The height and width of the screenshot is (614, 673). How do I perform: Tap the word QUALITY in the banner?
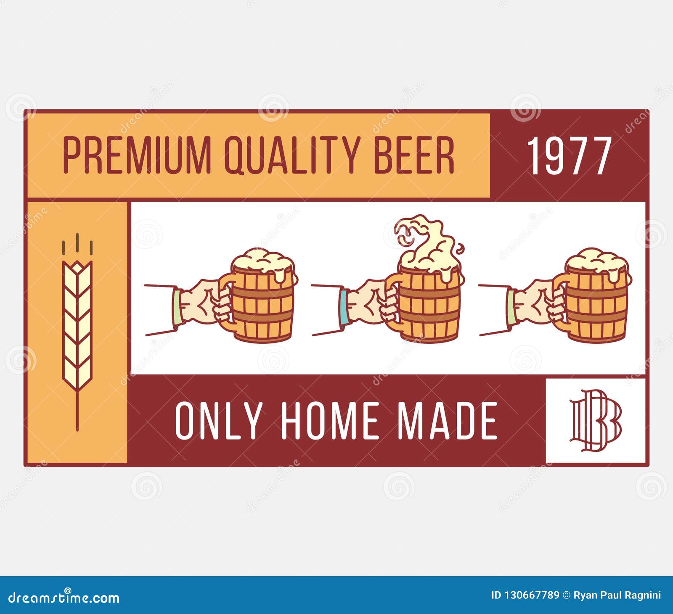291,155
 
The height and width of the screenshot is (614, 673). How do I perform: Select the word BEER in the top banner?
414,155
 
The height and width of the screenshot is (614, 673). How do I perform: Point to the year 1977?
569,156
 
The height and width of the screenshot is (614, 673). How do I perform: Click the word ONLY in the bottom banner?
218,421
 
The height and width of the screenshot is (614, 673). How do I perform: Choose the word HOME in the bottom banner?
329,421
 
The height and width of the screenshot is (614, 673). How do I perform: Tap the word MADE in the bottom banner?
448,421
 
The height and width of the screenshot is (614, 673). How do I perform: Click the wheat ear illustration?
77,324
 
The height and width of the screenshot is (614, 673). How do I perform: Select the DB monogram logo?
595,420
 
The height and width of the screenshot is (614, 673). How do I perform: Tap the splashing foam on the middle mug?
425,240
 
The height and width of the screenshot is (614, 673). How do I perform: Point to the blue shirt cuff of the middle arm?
344,307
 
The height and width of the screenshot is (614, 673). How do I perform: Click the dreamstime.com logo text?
64,597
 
